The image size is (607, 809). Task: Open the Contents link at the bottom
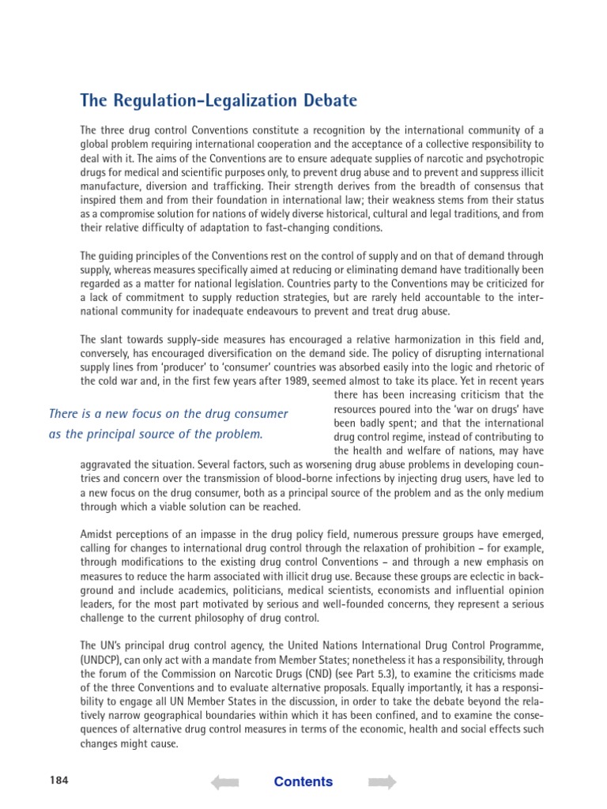click(303, 782)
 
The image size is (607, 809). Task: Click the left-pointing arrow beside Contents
click(224, 782)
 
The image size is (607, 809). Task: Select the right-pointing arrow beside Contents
click(383, 782)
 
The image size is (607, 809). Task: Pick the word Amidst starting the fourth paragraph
click(98, 533)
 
